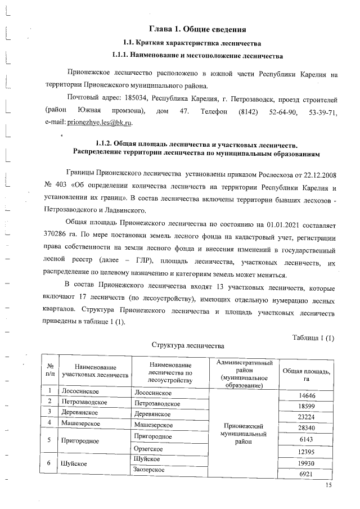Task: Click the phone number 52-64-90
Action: click(x=283, y=111)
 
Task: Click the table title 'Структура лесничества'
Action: click(x=188, y=344)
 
